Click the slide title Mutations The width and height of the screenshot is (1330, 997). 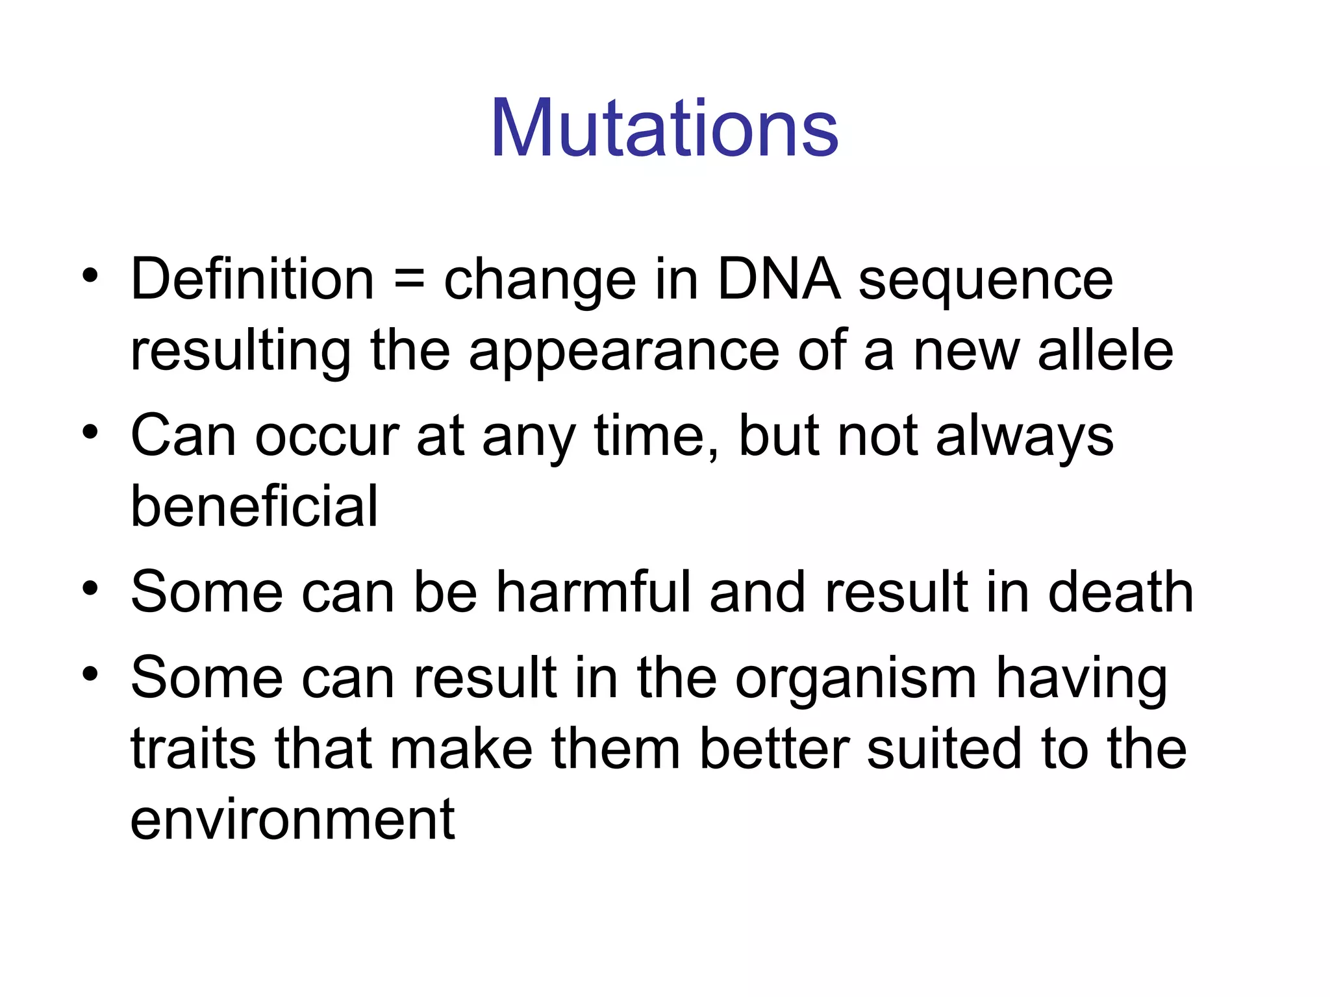coord(664,128)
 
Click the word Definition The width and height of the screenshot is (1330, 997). coord(252,280)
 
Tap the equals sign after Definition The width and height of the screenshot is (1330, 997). coord(408,281)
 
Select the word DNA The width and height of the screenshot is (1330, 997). coord(779,280)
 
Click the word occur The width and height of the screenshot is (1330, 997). coord(327,437)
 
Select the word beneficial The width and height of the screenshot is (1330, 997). coord(254,506)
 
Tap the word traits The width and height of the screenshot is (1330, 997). coord(193,748)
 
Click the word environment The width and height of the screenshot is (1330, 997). coord(292,820)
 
